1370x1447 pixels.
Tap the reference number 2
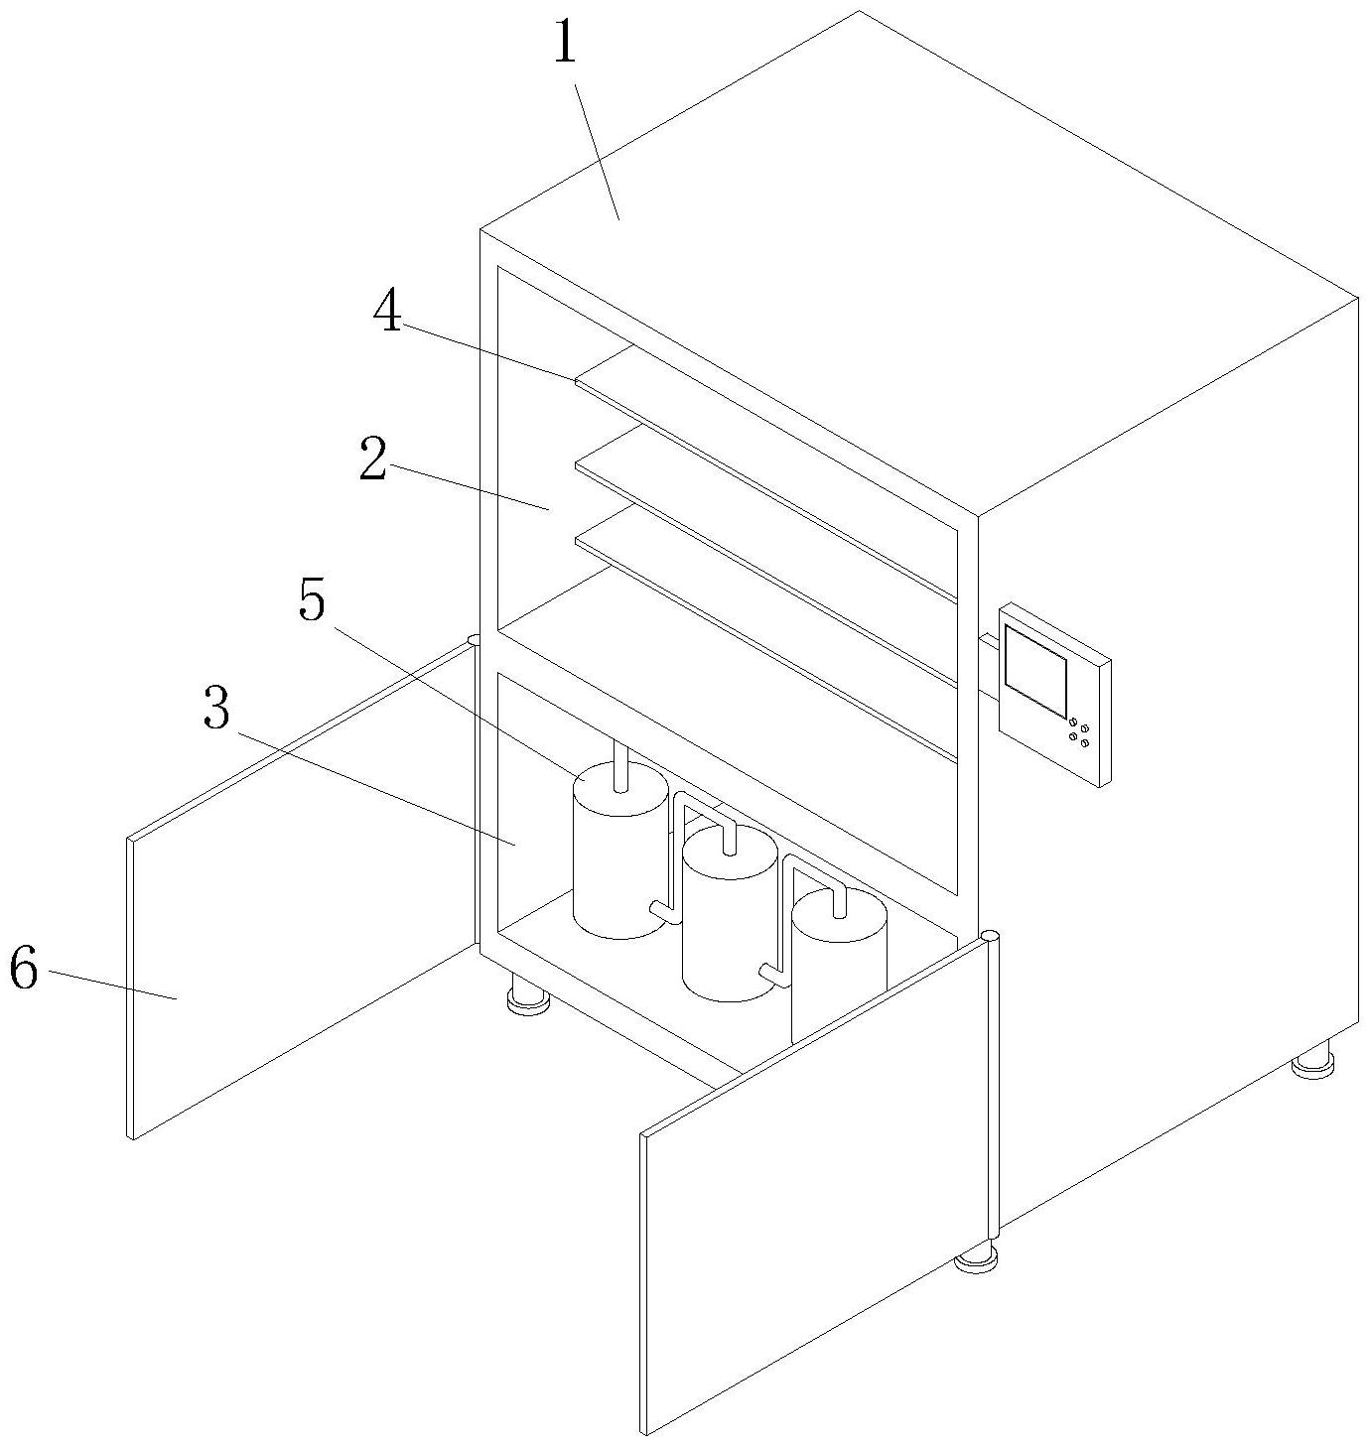click(373, 460)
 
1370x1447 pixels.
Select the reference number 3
click(216, 709)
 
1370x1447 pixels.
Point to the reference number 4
click(387, 313)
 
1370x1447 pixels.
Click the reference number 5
click(312, 601)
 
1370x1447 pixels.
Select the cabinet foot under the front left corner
click(528, 997)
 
